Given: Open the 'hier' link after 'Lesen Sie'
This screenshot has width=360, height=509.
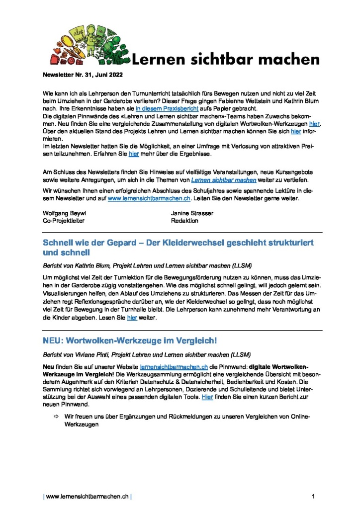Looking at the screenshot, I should pos(132,318).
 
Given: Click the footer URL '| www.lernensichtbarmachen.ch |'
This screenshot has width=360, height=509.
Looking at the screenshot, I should pos(88,496).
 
